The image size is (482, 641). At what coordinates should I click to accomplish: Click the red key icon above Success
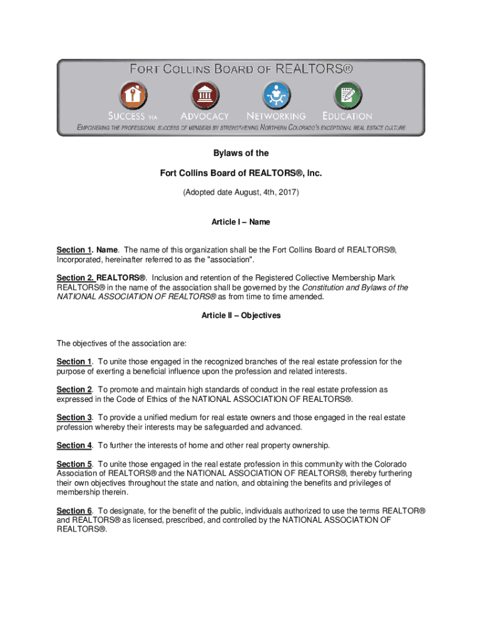(x=133, y=96)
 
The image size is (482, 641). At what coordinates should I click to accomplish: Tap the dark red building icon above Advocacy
(x=205, y=96)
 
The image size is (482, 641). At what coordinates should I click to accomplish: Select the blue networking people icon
(x=276, y=96)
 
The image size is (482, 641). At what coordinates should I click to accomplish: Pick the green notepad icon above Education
(x=347, y=96)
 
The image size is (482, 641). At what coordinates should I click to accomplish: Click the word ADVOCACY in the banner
(x=205, y=116)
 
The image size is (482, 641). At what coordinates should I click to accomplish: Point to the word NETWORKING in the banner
(x=276, y=116)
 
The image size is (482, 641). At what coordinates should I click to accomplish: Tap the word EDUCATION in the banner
(x=347, y=116)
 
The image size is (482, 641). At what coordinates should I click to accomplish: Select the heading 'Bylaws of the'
(x=241, y=153)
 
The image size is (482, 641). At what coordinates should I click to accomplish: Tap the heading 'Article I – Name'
(x=241, y=222)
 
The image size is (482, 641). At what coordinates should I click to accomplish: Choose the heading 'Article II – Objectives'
(x=241, y=315)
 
